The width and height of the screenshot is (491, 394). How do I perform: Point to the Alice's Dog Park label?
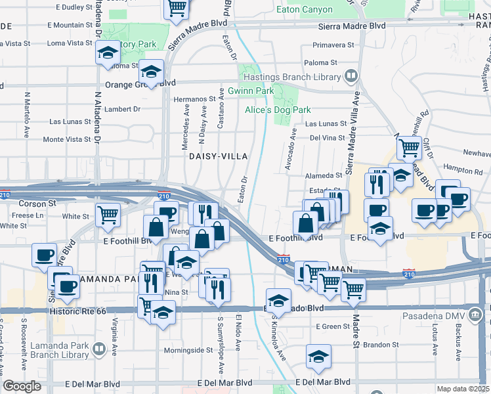pyautogui.click(x=278, y=110)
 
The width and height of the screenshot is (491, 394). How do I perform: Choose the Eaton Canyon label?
pyautogui.click(x=312, y=10)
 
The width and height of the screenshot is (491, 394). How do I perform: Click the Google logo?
pyautogui.click(x=21, y=386)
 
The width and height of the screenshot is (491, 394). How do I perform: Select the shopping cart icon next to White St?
pyautogui.click(x=108, y=213)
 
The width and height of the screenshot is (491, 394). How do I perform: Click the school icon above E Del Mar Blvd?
pyautogui.click(x=318, y=357)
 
